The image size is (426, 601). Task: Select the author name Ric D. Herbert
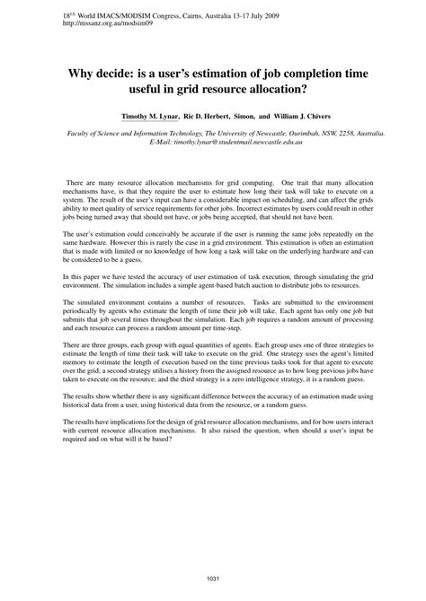tap(208, 117)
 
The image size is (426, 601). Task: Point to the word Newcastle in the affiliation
tap(237, 133)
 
